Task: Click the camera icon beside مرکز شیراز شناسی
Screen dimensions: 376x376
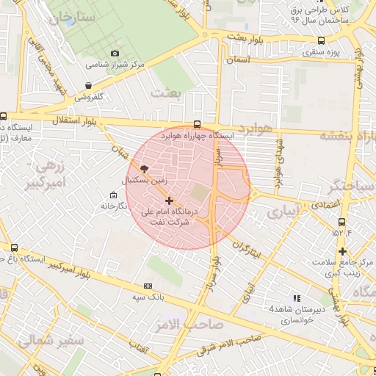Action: [115, 53]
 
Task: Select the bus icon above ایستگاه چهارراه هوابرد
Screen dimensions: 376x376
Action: [197, 124]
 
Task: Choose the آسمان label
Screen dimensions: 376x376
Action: [239, 58]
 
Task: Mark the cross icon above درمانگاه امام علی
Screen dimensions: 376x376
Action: [170, 200]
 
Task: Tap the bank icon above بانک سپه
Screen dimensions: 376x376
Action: [148, 286]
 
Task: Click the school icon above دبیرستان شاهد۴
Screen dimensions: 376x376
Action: [297, 298]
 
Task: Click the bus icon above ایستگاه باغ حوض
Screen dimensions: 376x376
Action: [15, 248]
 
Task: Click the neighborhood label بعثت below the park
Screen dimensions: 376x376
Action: [165, 93]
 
